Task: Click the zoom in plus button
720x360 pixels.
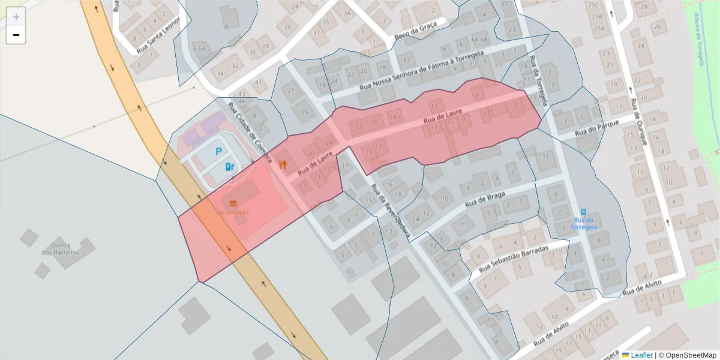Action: click(16, 17)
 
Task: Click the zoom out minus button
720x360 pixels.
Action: click(16, 35)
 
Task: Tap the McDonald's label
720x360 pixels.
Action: click(233, 212)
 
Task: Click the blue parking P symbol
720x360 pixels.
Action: click(219, 152)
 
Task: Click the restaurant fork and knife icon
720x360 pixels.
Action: click(283, 164)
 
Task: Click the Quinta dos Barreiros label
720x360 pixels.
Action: click(61, 248)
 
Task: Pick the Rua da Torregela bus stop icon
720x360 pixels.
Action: click(583, 212)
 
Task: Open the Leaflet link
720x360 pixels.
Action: click(641, 355)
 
